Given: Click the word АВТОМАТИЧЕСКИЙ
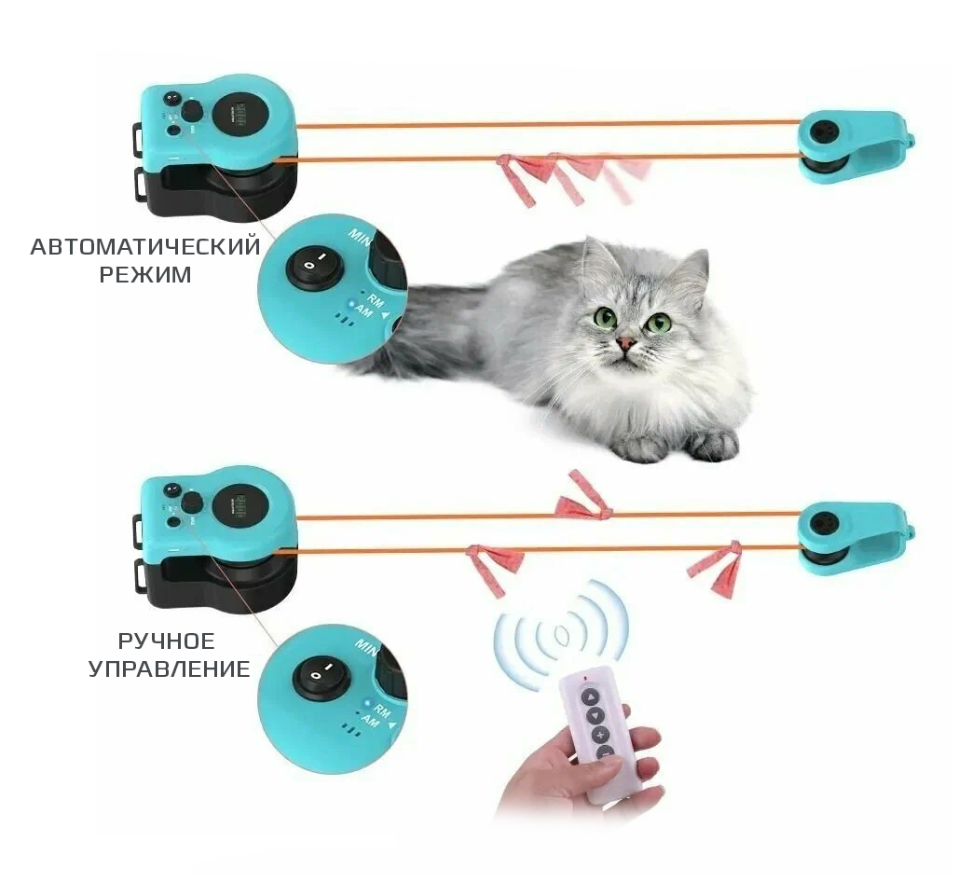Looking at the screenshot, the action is [x=144, y=247].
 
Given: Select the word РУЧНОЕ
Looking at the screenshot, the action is [x=166, y=641].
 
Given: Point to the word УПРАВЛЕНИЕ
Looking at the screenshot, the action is [x=170, y=669].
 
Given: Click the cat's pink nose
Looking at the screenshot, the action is [x=627, y=344].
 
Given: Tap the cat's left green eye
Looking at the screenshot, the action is [x=606, y=317].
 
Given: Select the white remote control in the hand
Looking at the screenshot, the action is [x=596, y=737].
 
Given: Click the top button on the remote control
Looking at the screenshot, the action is [x=590, y=696].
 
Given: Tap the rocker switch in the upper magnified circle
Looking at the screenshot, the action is [x=314, y=266].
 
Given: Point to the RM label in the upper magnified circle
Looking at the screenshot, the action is [x=376, y=300].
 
